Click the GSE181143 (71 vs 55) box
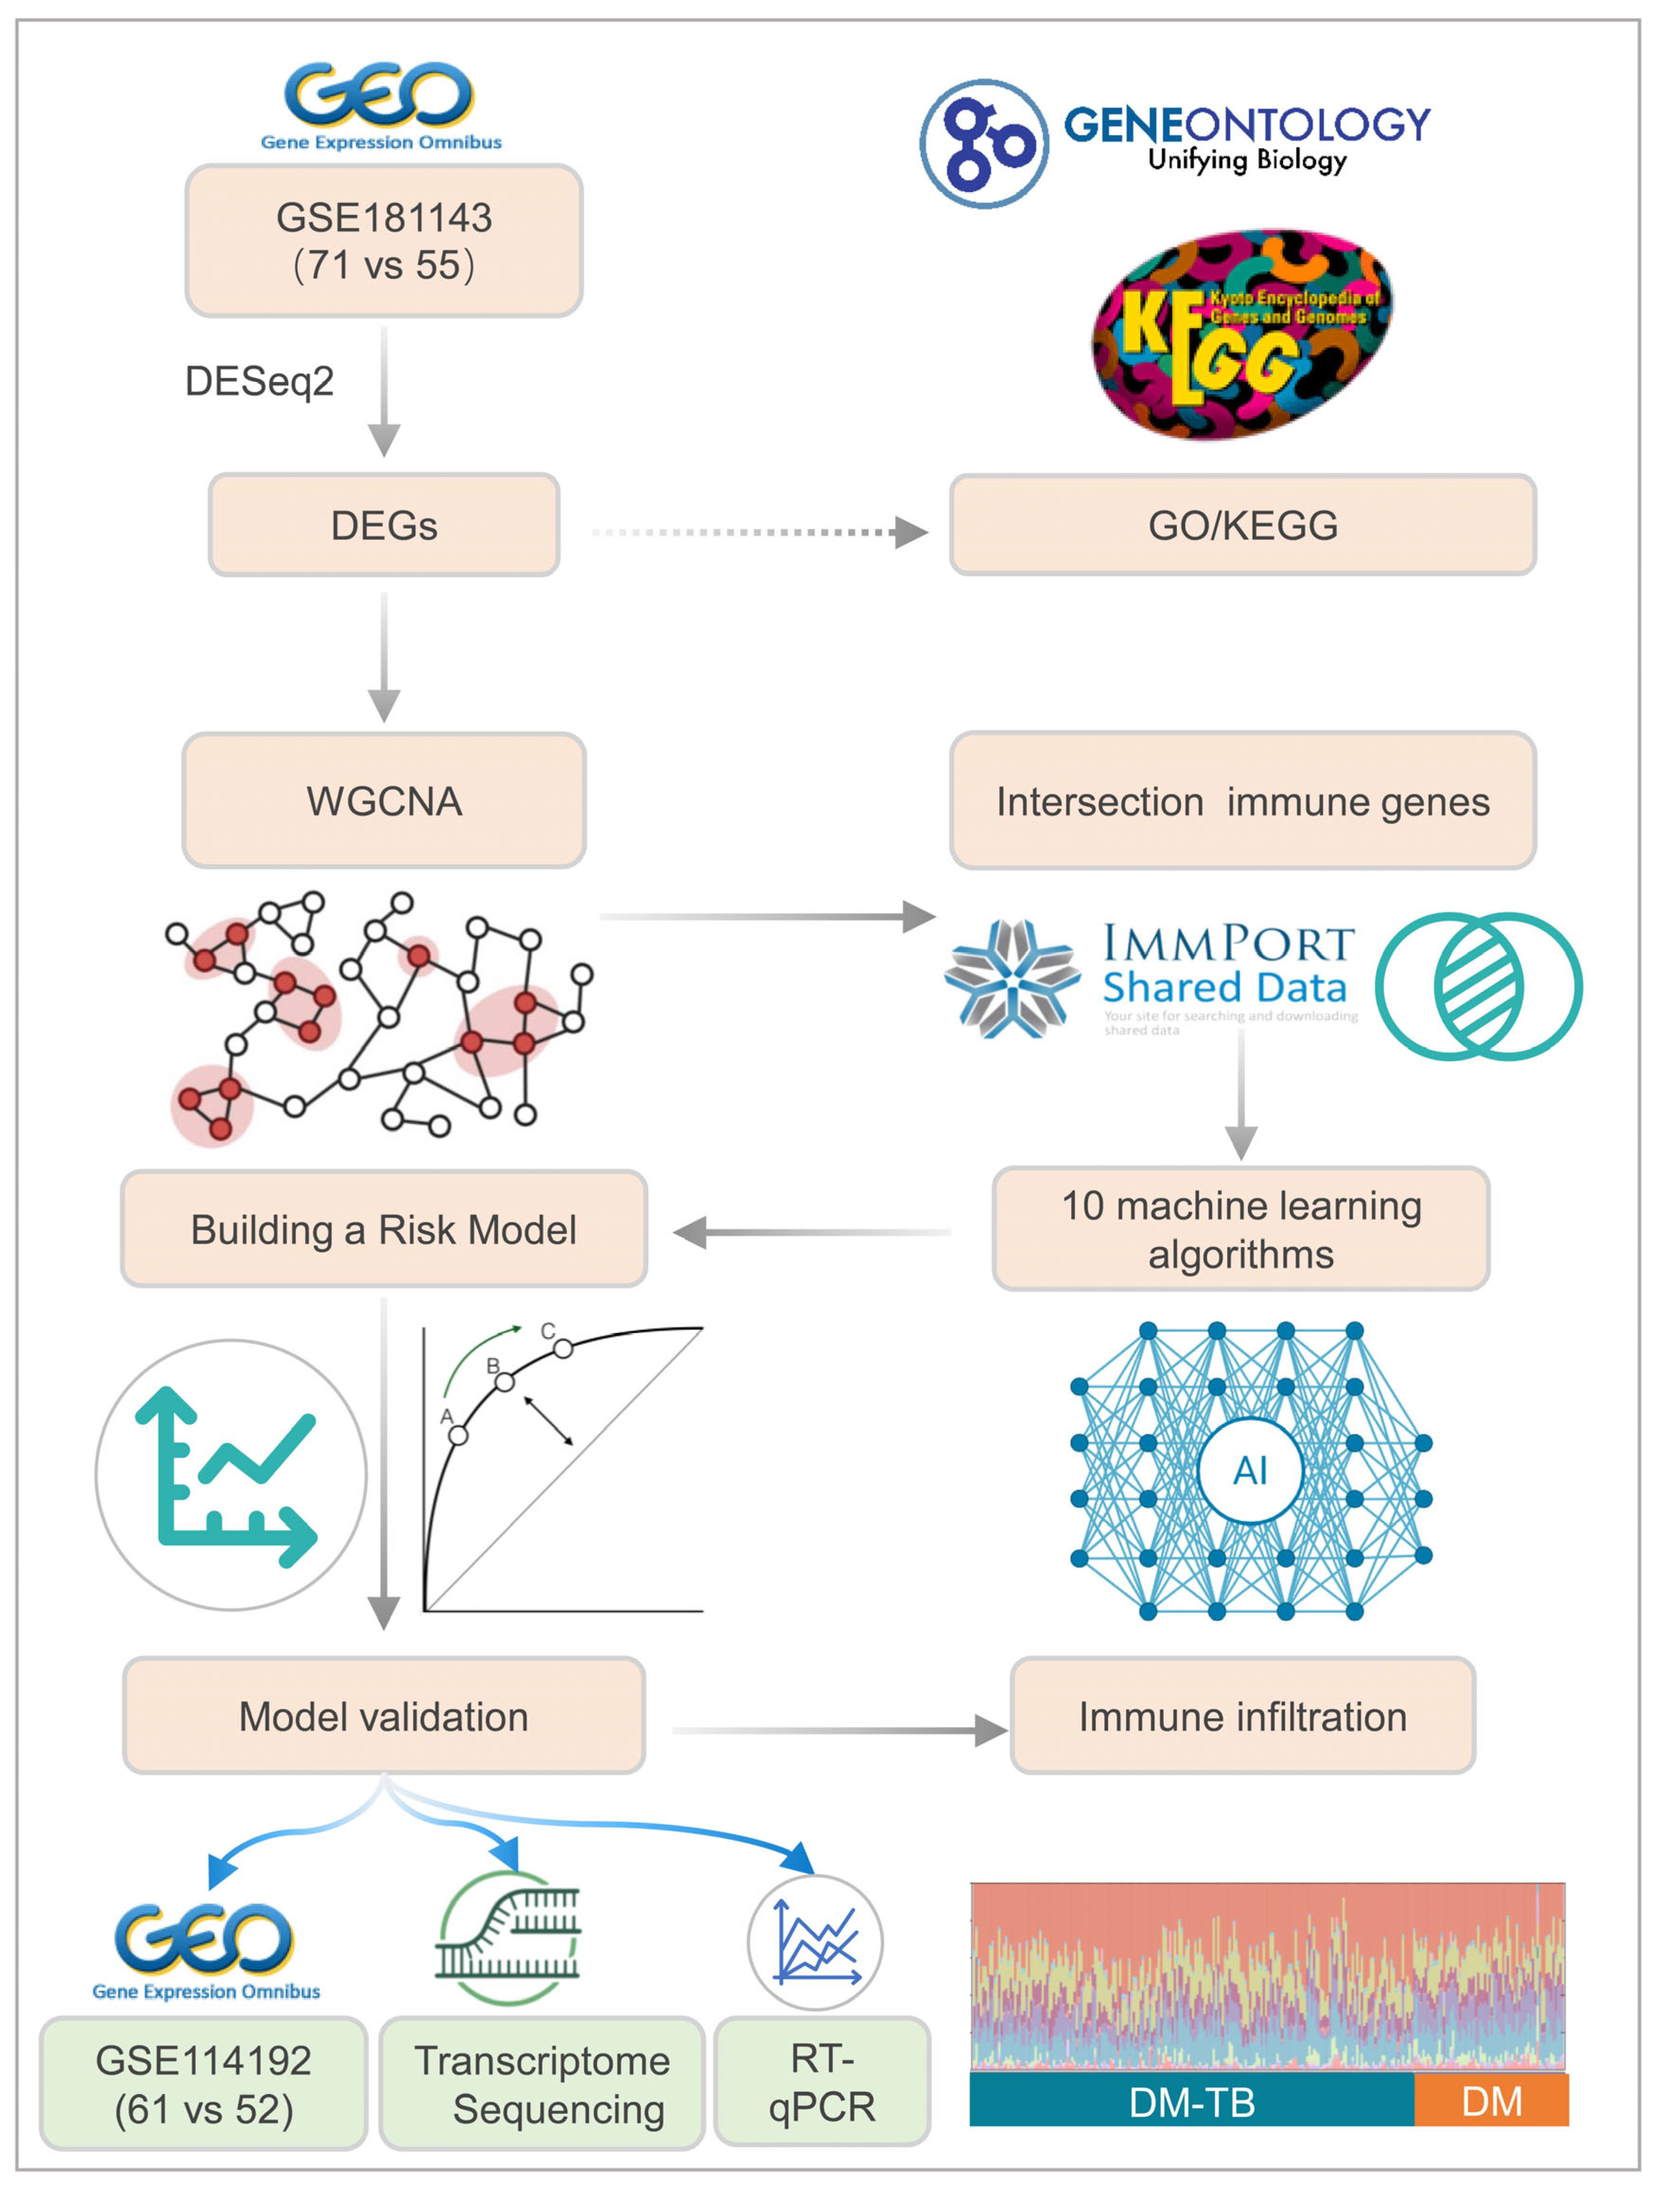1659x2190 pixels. [x=384, y=241]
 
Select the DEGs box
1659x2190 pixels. [x=384, y=525]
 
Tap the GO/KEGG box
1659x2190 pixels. [x=1242, y=525]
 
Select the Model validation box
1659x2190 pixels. [x=384, y=1716]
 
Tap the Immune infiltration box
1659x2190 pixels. [x=1242, y=1716]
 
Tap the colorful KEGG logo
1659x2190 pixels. [x=1242, y=335]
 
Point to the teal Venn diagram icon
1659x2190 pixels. [x=1478, y=986]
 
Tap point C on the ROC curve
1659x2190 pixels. [x=562, y=1348]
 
